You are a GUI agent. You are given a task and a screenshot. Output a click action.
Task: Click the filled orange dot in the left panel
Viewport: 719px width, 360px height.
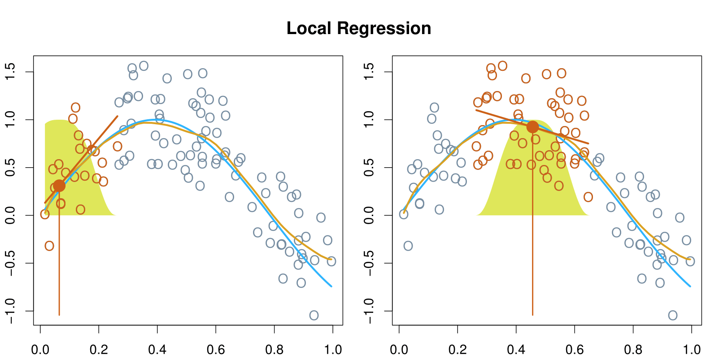59,186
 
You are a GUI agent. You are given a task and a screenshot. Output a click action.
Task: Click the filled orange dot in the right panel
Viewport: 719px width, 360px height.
532,127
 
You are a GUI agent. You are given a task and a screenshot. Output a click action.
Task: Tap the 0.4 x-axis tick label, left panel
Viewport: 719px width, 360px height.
157,350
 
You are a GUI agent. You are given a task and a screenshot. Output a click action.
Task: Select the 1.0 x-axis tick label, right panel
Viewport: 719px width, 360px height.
691,350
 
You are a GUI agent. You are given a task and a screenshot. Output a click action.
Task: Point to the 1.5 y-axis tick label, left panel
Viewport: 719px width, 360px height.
10,72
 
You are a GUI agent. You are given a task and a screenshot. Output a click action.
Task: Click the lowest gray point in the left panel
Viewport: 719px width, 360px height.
314,315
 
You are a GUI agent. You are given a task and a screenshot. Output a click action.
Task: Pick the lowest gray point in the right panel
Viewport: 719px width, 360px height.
673,315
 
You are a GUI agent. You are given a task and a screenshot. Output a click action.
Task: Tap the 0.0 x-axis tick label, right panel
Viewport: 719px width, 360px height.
399,350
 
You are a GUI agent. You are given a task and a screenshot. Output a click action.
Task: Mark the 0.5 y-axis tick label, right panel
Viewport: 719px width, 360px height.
369,168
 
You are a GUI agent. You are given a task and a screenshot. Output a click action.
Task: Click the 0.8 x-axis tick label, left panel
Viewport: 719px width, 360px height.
275,350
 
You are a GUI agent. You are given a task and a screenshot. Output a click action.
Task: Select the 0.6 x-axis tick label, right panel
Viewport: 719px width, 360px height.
575,350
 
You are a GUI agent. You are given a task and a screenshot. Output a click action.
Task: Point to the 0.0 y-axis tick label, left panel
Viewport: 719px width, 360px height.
10,215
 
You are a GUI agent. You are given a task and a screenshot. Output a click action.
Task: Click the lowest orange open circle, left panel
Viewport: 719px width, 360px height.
49,246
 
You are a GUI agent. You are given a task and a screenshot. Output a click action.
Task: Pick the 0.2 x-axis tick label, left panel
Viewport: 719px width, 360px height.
99,350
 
